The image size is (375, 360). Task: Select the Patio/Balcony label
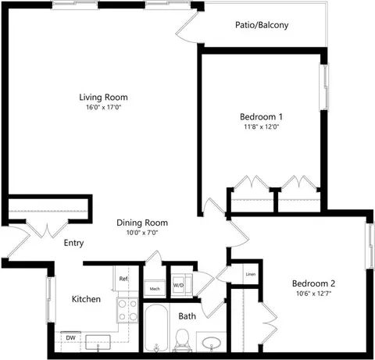(262, 25)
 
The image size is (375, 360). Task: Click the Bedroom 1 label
(261, 116)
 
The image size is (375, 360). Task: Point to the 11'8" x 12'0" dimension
(261, 127)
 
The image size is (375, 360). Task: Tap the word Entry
(73, 243)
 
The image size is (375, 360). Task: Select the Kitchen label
(86, 299)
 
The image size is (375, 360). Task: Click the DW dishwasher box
(70, 338)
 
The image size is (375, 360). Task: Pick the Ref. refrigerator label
(123, 278)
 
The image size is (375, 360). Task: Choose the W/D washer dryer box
(179, 286)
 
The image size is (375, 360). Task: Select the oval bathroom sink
(212, 341)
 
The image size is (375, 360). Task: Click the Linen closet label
(251, 274)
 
